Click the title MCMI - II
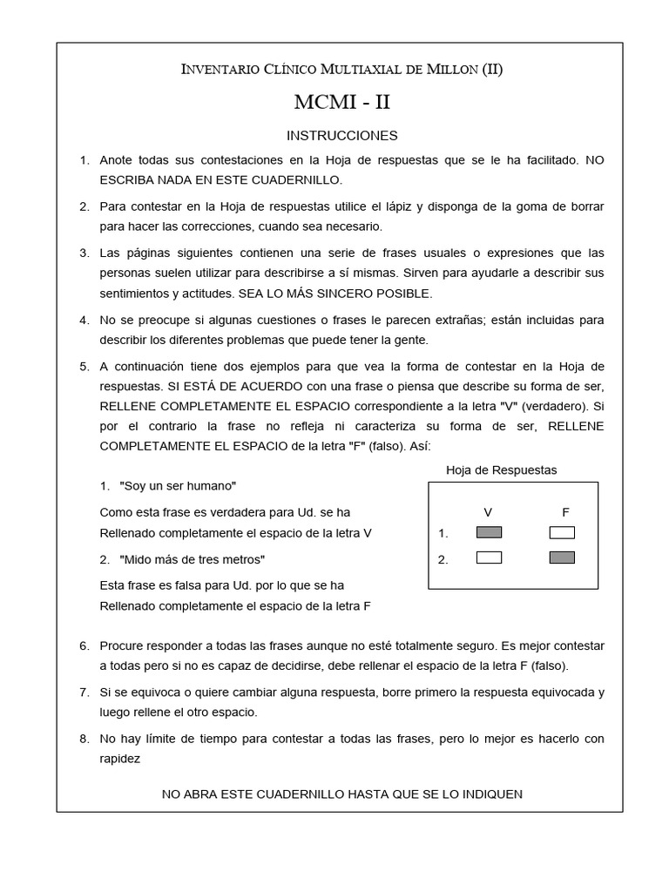341,103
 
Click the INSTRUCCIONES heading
341,136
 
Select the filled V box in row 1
489,533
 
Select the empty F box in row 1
562,533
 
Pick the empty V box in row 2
489,558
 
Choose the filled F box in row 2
562,558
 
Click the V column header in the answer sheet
489,512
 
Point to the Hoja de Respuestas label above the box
501,470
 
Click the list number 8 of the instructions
84,739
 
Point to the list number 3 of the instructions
84,253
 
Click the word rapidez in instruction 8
120,759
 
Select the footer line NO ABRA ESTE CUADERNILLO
341,794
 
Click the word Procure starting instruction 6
123,645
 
